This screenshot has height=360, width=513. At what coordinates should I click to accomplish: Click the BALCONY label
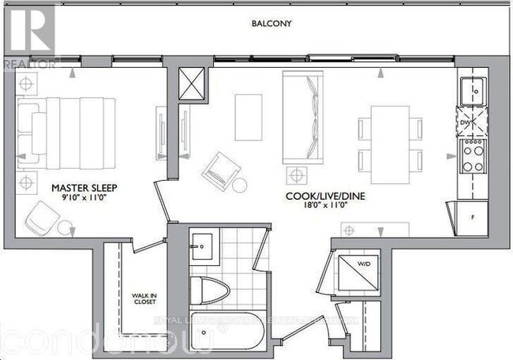click(271, 24)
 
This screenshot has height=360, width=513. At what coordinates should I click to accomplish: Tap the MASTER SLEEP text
click(81, 188)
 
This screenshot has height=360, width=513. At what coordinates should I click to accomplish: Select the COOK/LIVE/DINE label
click(319, 193)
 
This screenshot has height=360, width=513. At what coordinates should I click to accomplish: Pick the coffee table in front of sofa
click(249, 117)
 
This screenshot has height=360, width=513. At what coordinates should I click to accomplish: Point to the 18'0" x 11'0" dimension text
click(319, 204)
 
